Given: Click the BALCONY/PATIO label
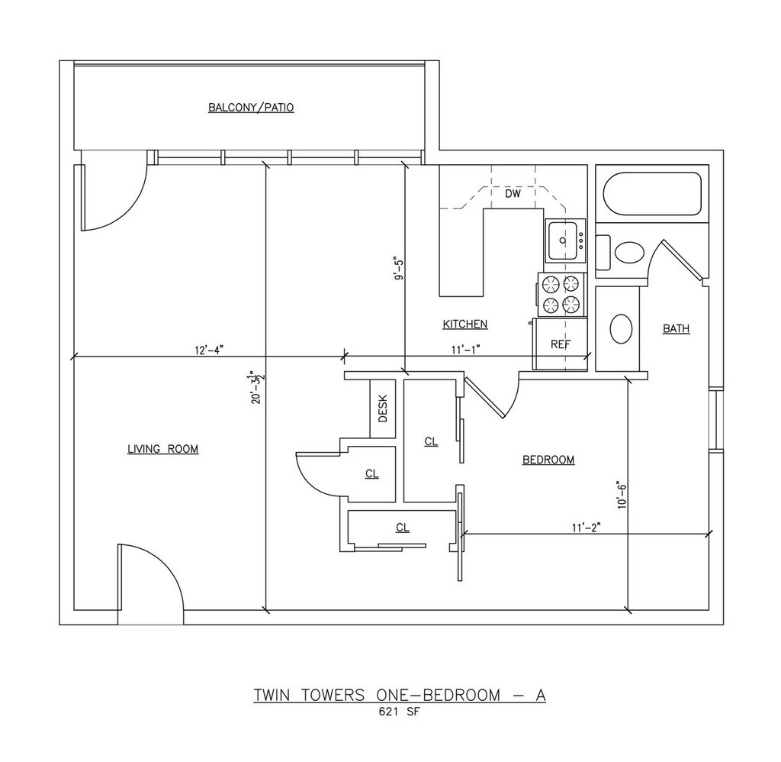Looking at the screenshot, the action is [x=251, y=108].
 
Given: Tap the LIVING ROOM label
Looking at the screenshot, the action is [x=162, y=449].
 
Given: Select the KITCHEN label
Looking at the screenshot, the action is [x=465, y=324].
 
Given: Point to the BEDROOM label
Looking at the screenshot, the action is [x=548, y=460].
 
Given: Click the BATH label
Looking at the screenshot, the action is [x=676, y=329].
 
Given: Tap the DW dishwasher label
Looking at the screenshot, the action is [x=513, y=194].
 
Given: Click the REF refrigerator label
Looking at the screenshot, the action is [x=561, y=344].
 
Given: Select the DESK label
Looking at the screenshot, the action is [x=383, y=408].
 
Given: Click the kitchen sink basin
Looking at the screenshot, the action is [x=563, y=241].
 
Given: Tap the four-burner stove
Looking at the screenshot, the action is [x=562, y=295].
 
